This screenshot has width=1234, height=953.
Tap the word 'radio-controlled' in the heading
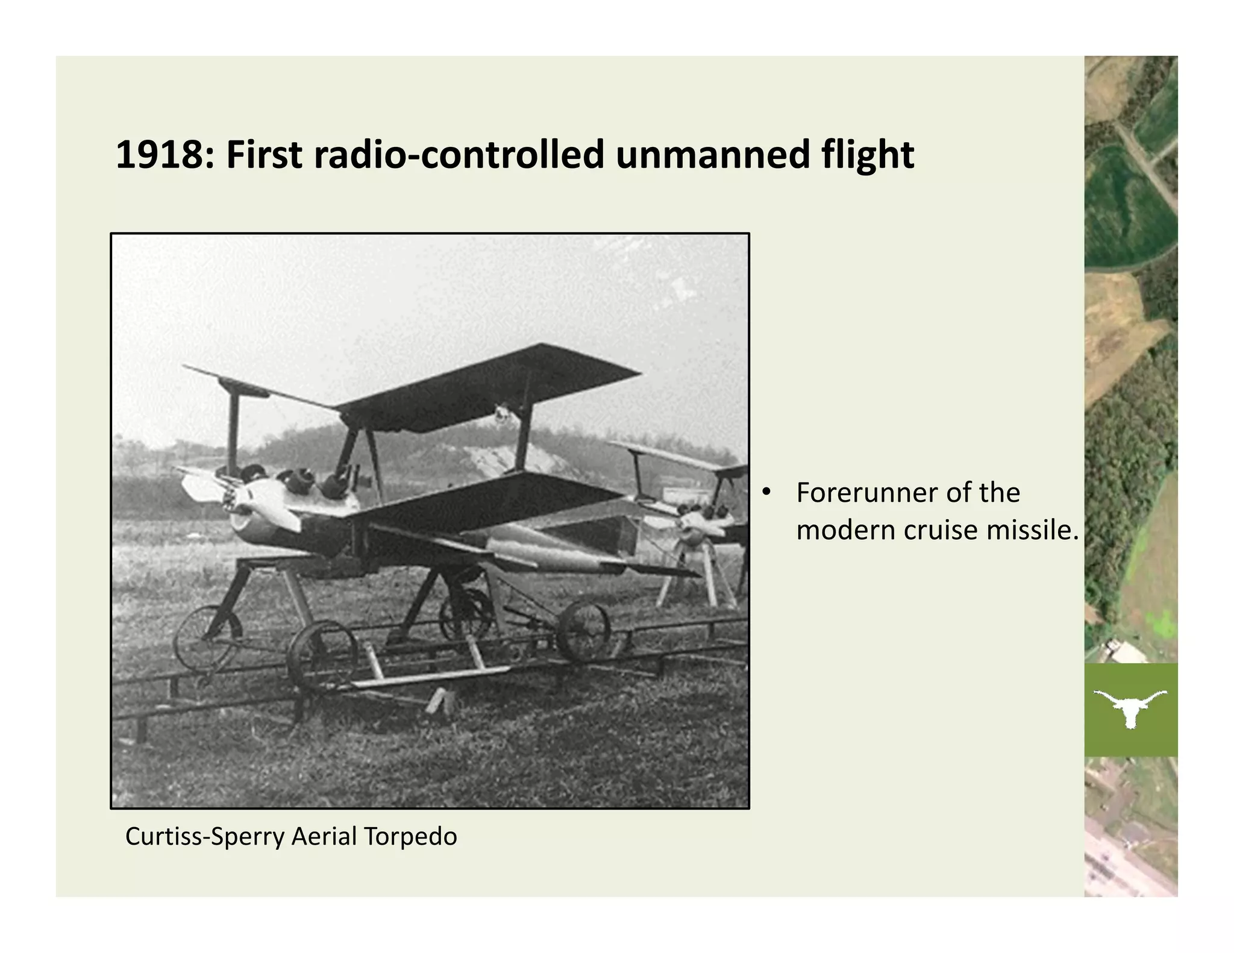[459, 155]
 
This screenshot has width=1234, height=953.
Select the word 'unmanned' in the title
[712, 155]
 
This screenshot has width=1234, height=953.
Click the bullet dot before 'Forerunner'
[766, 492]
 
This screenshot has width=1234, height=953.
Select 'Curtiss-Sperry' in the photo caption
[204, 837]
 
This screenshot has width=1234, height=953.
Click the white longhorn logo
[1130, 708]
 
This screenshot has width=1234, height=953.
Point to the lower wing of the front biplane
[482, 500]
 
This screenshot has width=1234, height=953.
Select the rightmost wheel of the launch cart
[583, 631]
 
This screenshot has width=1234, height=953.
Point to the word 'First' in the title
[263, 155]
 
